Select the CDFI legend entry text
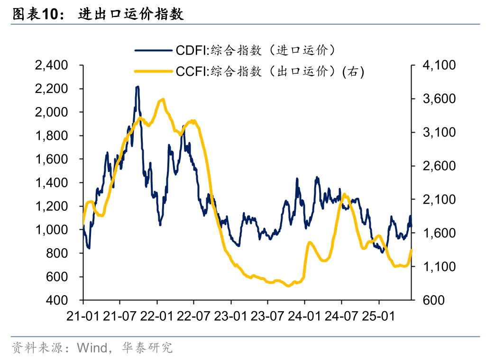coord(256,50)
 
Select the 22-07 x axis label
coord(194,316)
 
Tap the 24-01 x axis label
coord(305,316)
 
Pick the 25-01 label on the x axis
coord(379,316)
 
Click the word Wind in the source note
coord(92,349)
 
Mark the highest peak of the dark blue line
coord(137,87)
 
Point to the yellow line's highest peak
coord(163,99)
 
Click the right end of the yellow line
coord(412,250)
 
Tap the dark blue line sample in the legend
coord(154,50)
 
